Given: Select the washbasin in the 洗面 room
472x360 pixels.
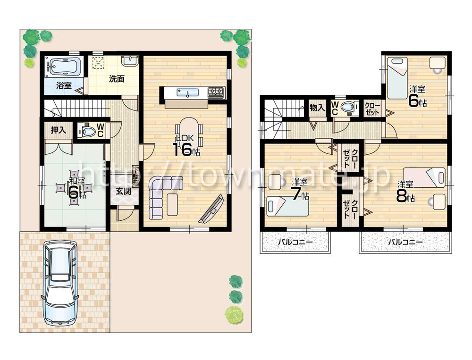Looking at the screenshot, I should (128, 60).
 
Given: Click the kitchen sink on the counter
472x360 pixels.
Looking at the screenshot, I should (187, 92).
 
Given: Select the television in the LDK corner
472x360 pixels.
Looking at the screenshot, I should (211, 209).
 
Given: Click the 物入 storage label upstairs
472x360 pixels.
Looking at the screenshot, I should (317, 108).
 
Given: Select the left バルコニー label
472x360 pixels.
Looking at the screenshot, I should (295, 243).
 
